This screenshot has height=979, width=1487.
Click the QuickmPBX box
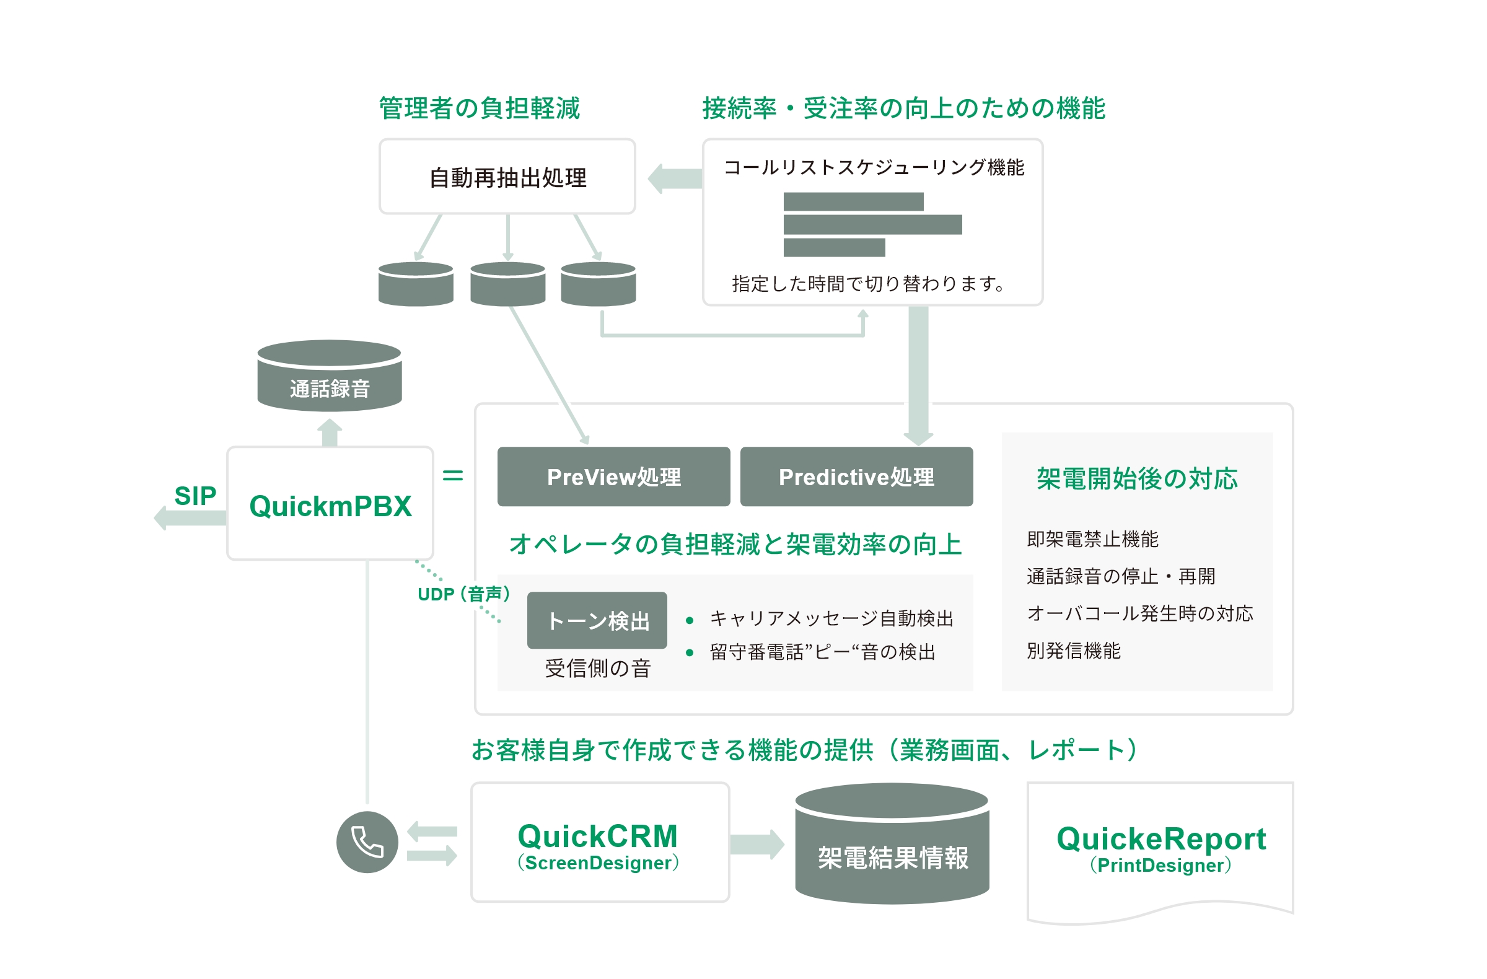coord(330,504)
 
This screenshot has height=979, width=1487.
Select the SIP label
coord(195,496)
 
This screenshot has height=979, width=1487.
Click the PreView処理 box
coord(613,476)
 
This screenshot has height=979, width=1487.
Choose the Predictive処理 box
coord(856,476)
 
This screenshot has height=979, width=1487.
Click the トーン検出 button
coord(597,620)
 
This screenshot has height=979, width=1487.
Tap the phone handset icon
coord(367,841)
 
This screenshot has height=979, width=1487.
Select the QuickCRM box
coord(599,841)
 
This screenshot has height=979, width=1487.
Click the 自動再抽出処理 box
coord(507,177)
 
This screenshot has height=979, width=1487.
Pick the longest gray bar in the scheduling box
coord(872,224)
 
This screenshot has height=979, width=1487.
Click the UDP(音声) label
coord(463,594)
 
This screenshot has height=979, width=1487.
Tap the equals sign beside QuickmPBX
coord(452,475)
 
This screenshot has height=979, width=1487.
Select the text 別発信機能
coord(1072,651)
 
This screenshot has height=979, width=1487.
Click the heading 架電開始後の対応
coord(1136,478)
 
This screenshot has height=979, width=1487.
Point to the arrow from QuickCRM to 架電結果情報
coord(757,845)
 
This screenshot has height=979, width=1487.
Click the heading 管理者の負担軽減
coord(479,108)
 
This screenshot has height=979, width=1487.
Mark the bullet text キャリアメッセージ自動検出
coord(831,618)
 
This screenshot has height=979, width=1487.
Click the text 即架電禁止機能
coord(1092,538)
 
